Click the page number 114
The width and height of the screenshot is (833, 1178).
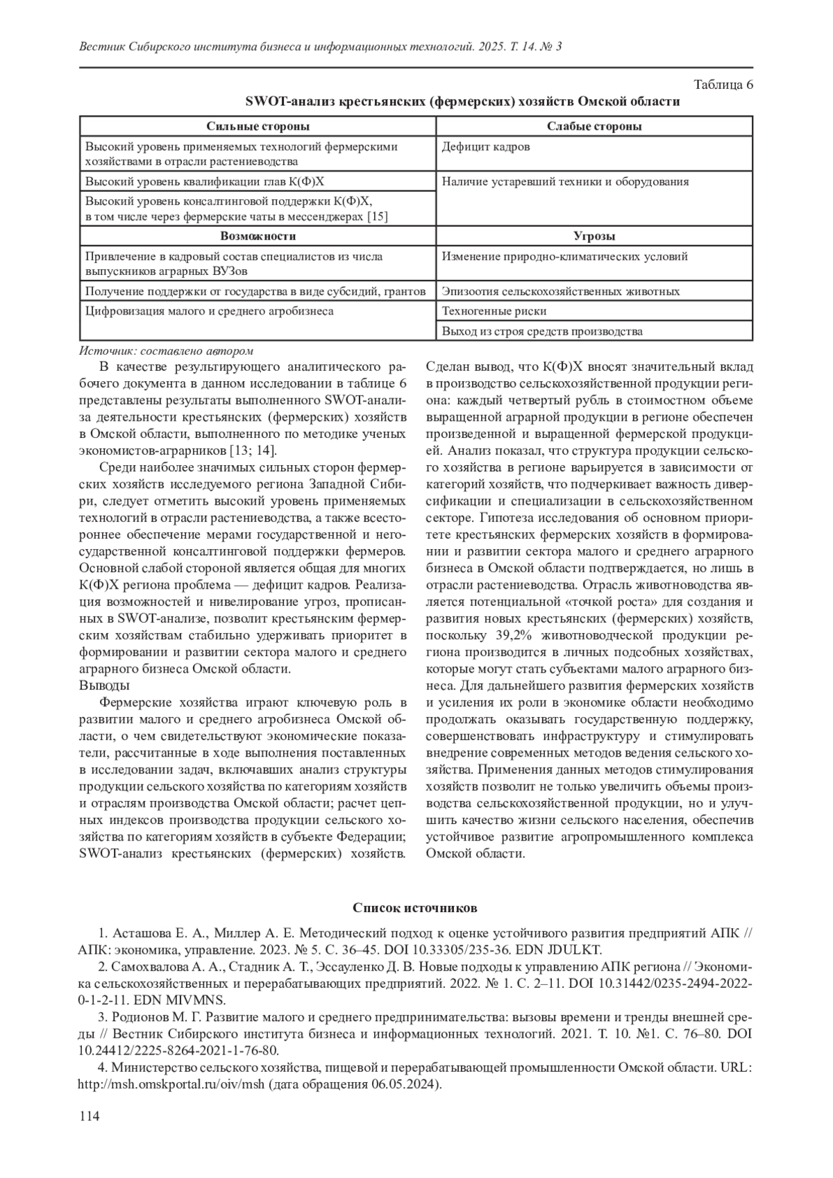coord(90,1116)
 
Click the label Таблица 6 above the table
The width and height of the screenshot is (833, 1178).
coord(723,85)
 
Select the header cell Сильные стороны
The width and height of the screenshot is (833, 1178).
coord(258,126)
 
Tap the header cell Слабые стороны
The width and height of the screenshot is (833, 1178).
coord(594,126)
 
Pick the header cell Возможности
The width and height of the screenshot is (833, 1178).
coord(258,237)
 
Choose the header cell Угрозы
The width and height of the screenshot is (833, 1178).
coord(594,237)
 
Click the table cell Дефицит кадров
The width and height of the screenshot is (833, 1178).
coord(486,147)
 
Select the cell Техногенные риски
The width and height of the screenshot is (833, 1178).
coord(494,311)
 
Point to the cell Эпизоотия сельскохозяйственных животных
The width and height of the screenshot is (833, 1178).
coord(561,292)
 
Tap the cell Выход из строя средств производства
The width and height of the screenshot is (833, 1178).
coord(542,331)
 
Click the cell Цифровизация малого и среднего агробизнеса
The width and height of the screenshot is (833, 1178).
coord(209,311)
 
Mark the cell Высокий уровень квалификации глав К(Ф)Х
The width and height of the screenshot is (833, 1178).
coord(205,182)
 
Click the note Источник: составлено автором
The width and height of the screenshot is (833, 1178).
coord(167,351)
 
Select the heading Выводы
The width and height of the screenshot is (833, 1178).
coord(104,686)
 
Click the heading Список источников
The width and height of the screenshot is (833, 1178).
coord(415,908)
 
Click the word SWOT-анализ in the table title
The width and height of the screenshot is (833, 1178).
coord(291,101)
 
